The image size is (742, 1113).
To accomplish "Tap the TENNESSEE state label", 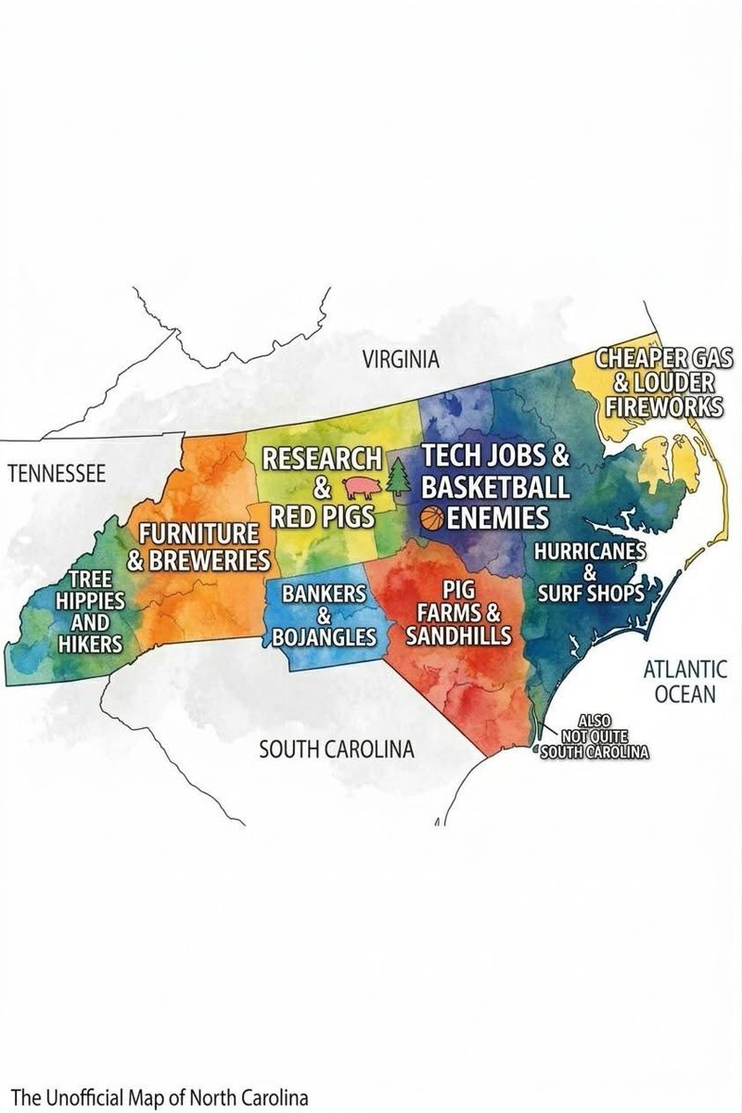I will (x=57, y=475).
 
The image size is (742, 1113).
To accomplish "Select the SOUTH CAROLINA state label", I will (x=336, y=748).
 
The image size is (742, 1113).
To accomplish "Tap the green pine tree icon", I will (x=399, y=480).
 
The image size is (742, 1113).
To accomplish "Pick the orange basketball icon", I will (x=432, y=518).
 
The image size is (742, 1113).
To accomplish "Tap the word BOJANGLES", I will (x=325, y=637).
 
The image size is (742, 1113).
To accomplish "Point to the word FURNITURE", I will (x=198, y=534).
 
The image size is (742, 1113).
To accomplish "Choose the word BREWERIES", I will (x=205, y=560).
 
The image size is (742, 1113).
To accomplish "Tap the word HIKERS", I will (x=91, y=643).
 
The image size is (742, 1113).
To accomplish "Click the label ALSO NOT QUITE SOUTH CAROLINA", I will (x=594, y=736).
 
